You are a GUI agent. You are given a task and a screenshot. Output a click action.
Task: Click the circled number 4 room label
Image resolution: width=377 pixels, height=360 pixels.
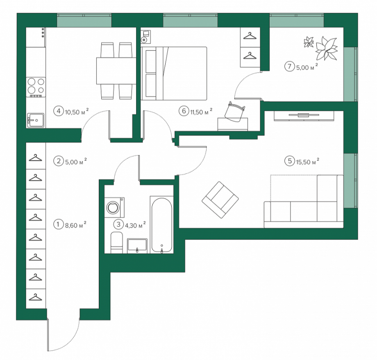[x=59, y=112]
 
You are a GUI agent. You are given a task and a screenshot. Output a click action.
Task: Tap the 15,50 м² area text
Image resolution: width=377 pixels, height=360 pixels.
[x=307, y=162]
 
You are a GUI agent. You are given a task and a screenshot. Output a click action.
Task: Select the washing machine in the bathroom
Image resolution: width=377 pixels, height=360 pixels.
[x=114, y=207]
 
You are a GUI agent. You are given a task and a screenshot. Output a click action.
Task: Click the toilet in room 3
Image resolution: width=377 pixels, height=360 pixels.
[x=117, y=243]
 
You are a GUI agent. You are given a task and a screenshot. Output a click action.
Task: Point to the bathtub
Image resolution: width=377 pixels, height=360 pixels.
[x=161, y=225]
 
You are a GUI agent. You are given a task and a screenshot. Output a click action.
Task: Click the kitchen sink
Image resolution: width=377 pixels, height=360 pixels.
[x=36, y=120]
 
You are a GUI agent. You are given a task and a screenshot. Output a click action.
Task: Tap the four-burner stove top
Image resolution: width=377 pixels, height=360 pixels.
[x=36, y=87]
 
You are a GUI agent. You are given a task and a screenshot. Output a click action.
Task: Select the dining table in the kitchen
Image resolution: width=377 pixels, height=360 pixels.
[x=116, y=71]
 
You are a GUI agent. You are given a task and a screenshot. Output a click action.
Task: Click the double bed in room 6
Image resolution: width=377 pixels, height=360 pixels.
[x=174, y=73]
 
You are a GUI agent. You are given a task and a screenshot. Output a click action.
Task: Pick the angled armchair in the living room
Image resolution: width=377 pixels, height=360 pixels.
[x=220, y=200]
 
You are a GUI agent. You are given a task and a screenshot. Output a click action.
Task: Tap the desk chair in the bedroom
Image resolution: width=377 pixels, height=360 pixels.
[x=235, y=112]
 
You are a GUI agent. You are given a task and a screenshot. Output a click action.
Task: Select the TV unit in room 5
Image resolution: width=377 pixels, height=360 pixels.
[x=304, y=116]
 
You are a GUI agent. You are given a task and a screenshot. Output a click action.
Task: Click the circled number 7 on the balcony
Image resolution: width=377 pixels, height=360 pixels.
[x=289, y=66]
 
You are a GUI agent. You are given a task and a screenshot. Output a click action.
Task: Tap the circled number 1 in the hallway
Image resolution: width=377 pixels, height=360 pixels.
[x=58, y=225]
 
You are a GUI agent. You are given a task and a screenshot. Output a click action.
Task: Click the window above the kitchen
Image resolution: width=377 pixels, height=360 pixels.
[x=84, y=21]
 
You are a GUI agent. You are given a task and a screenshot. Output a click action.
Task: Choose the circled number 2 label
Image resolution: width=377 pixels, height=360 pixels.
[x=59, y=161]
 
